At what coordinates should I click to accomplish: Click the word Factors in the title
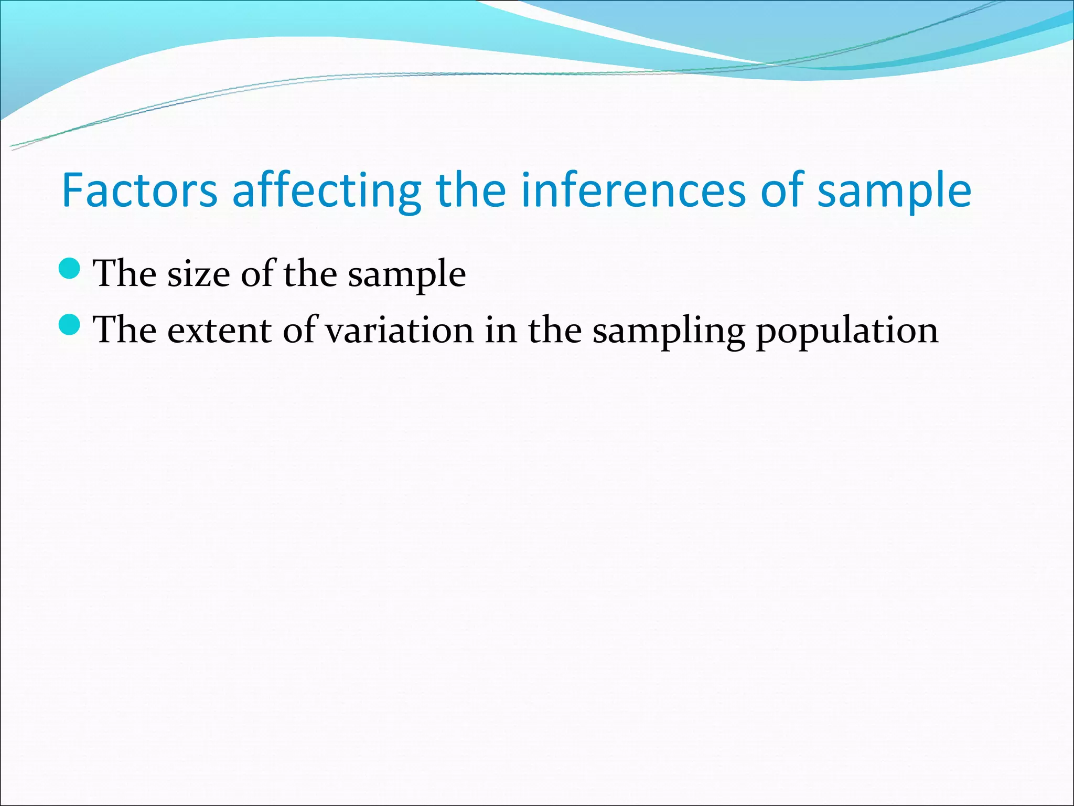[x=139, y=190]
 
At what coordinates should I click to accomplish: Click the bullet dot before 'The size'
[x=69, y=269]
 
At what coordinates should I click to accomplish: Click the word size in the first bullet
[x=198, y=274]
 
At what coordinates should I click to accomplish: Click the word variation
[x=399, y=331]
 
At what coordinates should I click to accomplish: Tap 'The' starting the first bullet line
[x=124, y=274]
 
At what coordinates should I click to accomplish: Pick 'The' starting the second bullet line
[x=124, y=331]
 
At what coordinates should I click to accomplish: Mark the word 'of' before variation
[x=299, y=331]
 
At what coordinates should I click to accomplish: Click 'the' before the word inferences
[x=470, y=190]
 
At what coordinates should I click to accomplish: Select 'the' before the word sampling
[x=554, y=331]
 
